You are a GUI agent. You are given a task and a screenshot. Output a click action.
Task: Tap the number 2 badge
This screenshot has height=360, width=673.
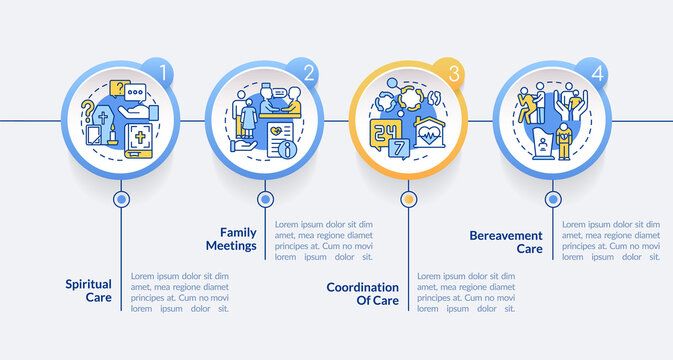tap(309, 72)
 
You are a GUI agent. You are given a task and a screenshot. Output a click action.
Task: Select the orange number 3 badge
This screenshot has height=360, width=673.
tap(454, 72)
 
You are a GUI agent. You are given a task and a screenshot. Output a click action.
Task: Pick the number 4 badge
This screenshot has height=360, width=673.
tap(598, 72)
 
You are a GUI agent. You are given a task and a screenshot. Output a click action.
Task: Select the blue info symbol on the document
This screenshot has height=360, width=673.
tap(290, 150)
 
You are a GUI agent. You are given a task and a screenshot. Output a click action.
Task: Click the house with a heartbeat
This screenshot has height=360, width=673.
tap(431, 134)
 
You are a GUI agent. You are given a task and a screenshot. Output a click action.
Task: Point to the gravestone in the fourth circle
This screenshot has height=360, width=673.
tap(543, 145)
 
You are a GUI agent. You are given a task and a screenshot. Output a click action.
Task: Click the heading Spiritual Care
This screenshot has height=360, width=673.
tap(89, 290)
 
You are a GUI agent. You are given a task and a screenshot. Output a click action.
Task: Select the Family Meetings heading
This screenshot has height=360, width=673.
tap(231, 238)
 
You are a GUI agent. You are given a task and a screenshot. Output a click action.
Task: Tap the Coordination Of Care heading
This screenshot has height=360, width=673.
tap(362, 293)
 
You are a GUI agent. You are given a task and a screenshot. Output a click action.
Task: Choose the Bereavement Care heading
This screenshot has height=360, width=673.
tap(506, 241)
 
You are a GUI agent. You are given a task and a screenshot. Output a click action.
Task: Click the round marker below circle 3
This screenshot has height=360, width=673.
tap(408, 199)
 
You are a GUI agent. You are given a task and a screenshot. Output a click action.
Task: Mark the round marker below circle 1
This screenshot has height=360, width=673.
tap(121, 199)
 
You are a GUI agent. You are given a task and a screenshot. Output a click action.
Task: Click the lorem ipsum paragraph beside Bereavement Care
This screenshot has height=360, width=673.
tap(611, 240)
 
